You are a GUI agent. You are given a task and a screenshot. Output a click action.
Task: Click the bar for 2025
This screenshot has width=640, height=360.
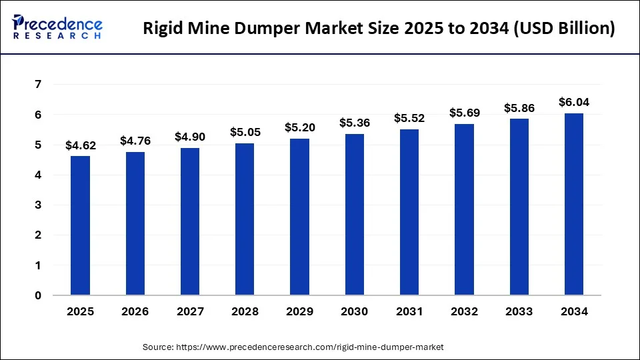point(80,225)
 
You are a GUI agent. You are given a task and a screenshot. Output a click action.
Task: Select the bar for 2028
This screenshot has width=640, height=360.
point(245,219)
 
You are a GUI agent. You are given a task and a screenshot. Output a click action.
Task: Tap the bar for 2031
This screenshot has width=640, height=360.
point(409,212)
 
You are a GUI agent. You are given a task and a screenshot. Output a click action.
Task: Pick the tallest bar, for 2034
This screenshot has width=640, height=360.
point(573,204)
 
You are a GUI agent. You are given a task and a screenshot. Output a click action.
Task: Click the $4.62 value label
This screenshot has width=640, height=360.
point(80,145)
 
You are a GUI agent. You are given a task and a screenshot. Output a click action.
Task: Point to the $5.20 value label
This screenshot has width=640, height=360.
point(299,127)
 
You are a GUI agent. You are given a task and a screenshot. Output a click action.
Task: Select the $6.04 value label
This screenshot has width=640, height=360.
point(573,102)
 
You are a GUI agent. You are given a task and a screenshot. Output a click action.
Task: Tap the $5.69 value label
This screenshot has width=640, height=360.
point(464,113)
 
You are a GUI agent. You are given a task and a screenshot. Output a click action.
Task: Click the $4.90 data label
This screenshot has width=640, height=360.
point(190,137)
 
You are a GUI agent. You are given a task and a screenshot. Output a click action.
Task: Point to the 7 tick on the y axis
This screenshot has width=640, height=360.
point(39,85)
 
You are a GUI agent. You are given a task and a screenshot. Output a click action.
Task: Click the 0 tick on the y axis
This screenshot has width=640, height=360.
point(39,295)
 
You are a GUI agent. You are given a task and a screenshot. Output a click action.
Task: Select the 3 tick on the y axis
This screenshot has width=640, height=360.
point(39,205)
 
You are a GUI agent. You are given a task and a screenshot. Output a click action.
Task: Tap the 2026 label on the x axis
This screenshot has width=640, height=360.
point(135,312)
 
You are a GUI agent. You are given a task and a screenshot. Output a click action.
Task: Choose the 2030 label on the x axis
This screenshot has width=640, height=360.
point(354,312)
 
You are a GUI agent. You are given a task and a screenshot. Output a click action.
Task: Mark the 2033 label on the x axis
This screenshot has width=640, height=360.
point(519,312)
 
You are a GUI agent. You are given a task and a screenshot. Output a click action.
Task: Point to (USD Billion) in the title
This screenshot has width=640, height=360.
point(560,29)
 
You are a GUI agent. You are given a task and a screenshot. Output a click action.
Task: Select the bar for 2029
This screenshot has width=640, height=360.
point(299,217)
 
